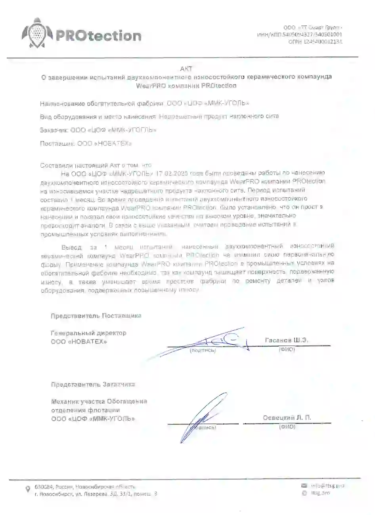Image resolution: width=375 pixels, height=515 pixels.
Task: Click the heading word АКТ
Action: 186,69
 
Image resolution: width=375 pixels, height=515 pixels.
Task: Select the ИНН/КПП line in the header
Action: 300,34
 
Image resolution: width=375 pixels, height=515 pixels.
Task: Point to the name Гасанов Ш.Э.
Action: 287,340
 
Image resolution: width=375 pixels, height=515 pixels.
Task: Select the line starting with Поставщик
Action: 86,143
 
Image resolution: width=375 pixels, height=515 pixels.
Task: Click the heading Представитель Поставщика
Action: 96,316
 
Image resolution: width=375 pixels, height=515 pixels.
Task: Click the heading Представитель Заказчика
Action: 93,384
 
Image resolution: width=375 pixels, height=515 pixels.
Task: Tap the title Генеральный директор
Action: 88,333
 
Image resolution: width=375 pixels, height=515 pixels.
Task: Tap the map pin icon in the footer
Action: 27,490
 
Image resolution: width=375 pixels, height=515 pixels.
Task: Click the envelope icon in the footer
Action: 304,485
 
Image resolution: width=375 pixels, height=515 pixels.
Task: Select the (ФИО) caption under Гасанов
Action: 287,349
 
